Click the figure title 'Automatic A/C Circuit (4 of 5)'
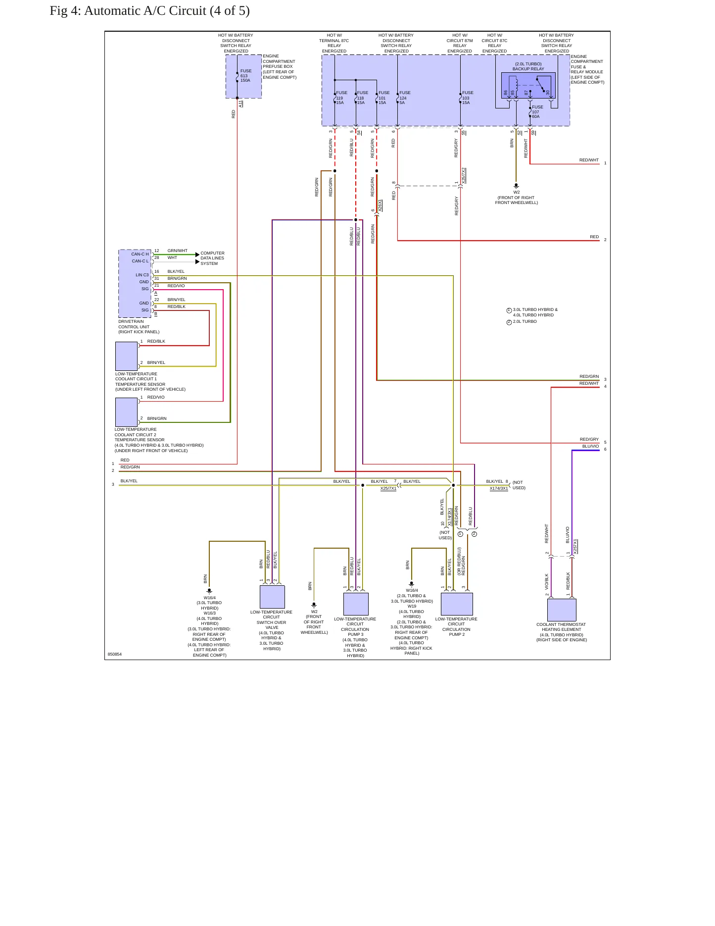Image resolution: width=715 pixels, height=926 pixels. [167, 11]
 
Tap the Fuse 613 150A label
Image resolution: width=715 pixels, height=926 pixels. [245, 76]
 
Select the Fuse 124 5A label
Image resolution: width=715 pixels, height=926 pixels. [405, 98]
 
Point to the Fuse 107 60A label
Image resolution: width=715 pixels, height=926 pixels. [537, 112]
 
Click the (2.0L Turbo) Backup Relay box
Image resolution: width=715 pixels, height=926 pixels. [528, 86]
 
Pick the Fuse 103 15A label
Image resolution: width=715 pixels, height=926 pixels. [468, 98]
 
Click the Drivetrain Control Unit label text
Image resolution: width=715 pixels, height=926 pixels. [139, 327]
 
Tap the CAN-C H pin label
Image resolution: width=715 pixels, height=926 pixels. [140, 254]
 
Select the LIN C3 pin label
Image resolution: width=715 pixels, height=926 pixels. [142, 275]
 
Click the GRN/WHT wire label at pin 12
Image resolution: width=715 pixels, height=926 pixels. [178, 251]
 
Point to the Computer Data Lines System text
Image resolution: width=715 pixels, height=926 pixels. [212, 258]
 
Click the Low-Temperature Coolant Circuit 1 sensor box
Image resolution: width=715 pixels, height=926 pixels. [126, 356]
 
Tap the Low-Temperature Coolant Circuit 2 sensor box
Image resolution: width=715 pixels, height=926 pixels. [126, 412]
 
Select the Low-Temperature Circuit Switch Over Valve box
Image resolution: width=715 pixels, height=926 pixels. [272, 597]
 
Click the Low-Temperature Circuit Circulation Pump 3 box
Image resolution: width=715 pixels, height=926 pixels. [356, 604]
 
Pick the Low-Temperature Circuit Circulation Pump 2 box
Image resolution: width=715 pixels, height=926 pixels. [457, 604]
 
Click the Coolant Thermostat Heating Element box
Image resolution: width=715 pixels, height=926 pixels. [562, 610]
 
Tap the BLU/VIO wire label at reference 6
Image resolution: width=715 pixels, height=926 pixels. [590, 446]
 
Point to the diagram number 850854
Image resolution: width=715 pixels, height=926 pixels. [115, 654]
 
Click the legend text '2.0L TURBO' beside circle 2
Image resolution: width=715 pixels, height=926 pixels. [525, 321]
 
